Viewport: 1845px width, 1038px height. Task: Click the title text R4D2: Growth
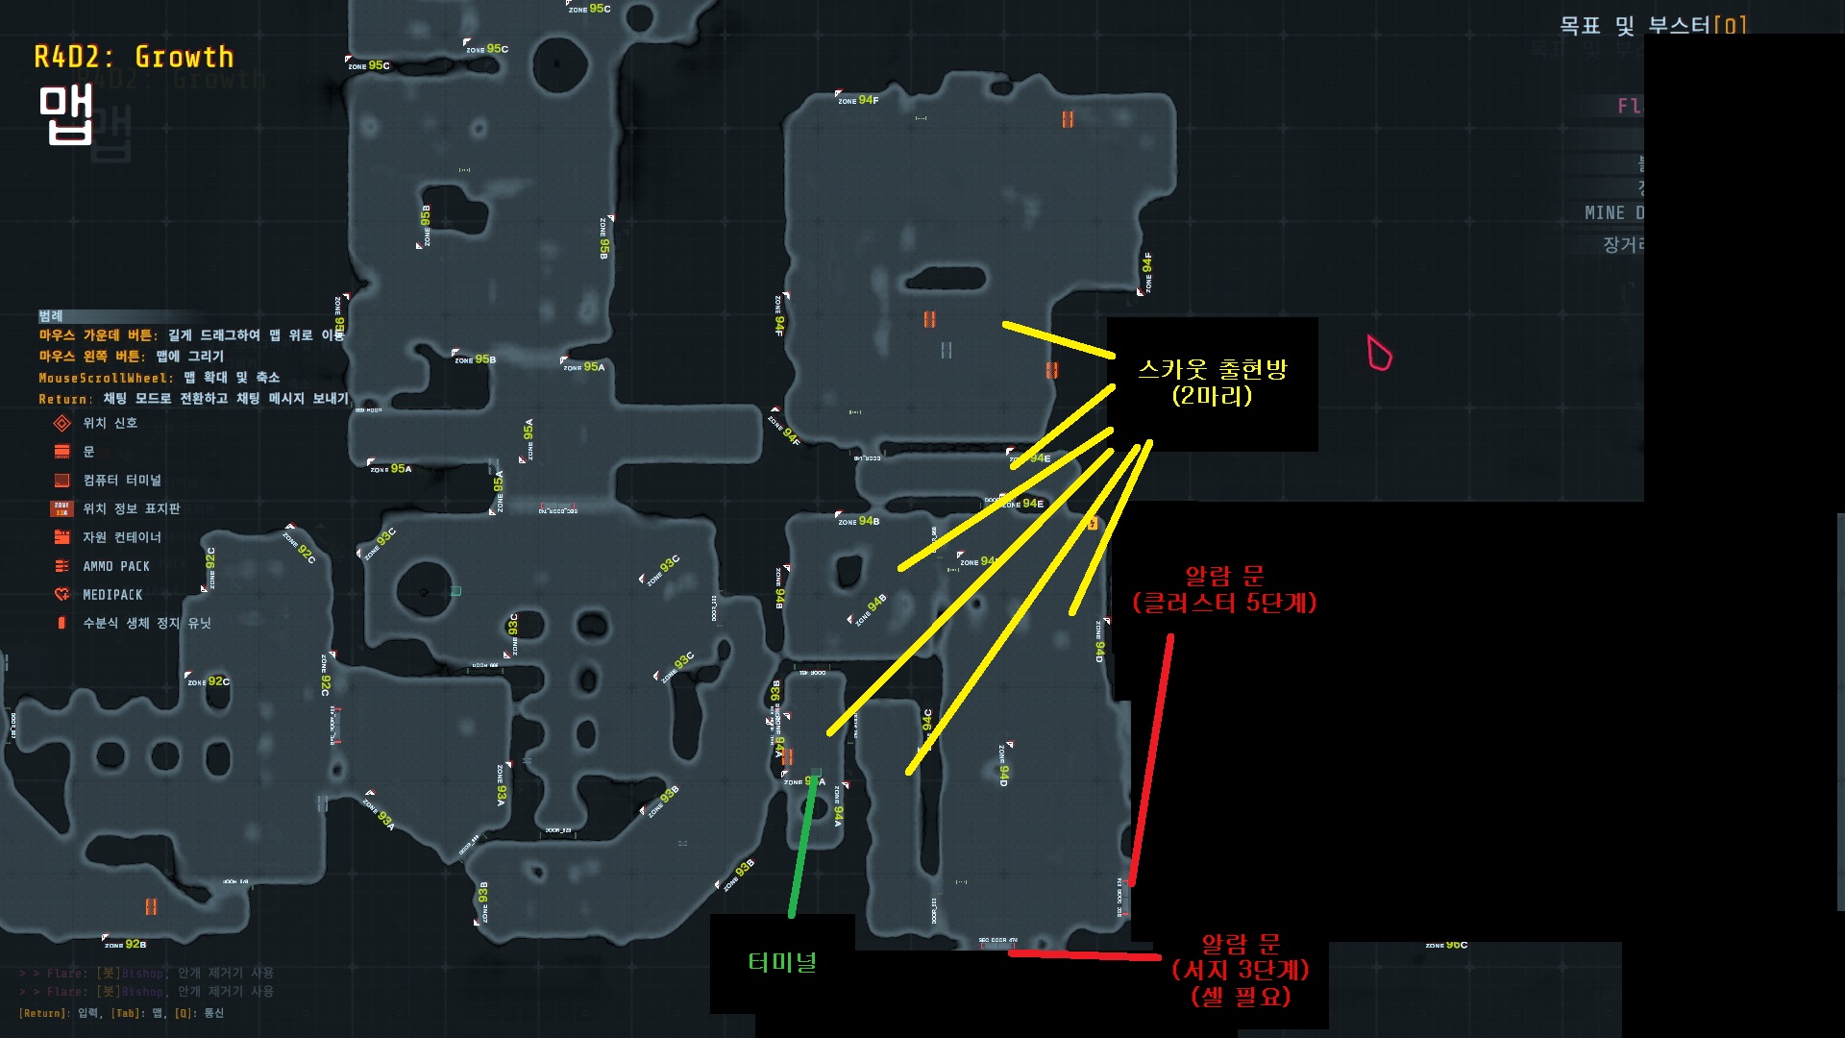click(x=134, y=58)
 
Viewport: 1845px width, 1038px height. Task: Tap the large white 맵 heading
click(x=65, y=114)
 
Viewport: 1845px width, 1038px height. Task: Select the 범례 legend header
click(x=51, y=315)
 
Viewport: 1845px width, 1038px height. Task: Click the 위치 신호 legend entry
click(x=110, y=423)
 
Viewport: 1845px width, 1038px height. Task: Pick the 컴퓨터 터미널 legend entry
click(x=121, y=480)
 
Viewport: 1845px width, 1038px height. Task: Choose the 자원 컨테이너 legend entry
click(x=121, y=537)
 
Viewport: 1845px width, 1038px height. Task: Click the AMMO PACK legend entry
click(x=115, y=566)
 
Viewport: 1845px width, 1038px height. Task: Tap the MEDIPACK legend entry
click(x=111, y=595)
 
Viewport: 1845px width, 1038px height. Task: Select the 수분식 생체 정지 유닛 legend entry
click(x=146, y=623)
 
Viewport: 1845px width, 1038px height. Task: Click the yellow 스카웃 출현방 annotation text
click(x=1212, y=369)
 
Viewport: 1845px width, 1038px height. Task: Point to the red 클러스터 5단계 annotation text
click(x=1224, y=603)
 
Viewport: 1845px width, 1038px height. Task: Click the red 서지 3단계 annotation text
click(x=1240, y=970)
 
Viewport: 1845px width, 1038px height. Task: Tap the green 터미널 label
click(x=782, y=962)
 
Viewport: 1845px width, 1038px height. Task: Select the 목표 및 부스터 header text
click(x=1652, y=25)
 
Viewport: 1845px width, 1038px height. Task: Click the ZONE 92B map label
click(x=126, y=944)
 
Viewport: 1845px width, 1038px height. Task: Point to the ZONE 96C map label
click(x=1446, y=945)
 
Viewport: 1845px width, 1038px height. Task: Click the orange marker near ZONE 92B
click(x=151, y=906)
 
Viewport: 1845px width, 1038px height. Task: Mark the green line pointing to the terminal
click(x=803, y=846)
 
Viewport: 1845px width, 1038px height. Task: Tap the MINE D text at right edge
click(x=1614, y=212)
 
